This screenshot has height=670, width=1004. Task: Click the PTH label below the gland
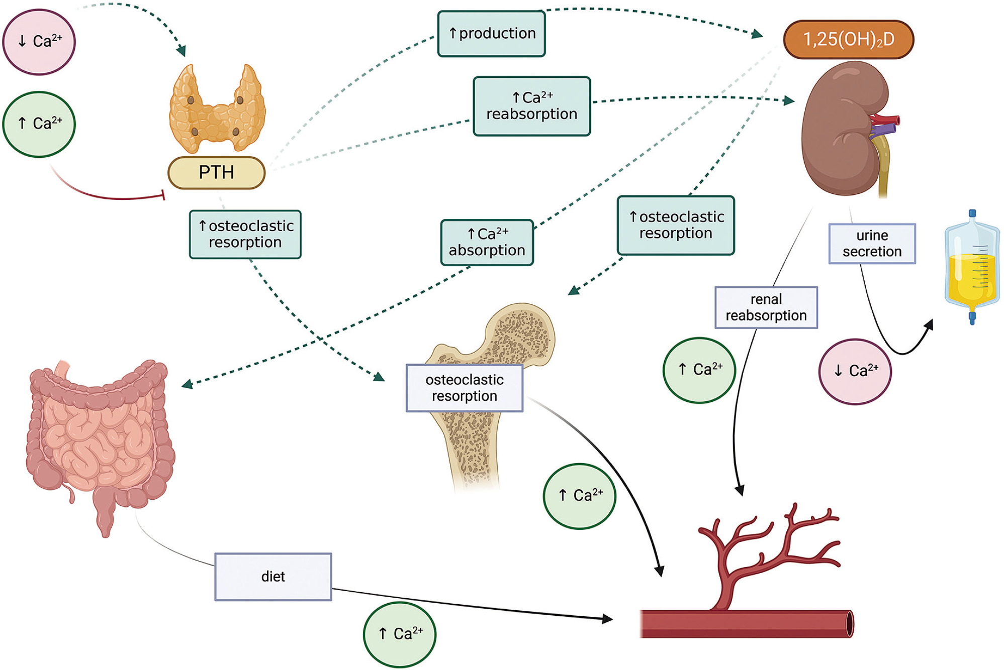[216, 173]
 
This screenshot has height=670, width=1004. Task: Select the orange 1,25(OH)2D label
[848, 40]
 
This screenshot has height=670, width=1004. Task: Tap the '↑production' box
[492, 34]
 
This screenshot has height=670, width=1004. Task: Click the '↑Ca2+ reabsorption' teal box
[531, 106]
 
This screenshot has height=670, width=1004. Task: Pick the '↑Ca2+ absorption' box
[487, 243]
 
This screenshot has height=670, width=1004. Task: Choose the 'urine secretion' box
[872, 244]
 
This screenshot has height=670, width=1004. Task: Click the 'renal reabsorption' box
[766, 307]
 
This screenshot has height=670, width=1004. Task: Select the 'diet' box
[273, 577]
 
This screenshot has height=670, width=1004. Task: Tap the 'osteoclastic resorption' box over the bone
[464, 388]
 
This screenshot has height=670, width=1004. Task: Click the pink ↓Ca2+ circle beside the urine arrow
[855, 372]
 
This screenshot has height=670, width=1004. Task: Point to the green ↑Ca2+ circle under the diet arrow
[400, 634]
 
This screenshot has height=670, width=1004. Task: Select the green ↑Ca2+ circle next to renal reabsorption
[699, 370]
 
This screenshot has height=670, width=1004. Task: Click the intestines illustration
[101, 442]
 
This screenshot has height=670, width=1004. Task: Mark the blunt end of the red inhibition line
[163, 195]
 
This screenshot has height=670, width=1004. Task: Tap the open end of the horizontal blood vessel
[849, 624]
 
